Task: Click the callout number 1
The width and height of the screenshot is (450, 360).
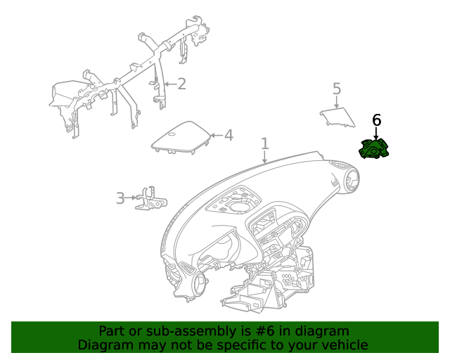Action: pyautogui.click(x=265, y=144)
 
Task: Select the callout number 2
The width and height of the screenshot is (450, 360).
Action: pyautogui.click(x=181, y=84)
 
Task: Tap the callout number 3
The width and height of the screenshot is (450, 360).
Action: pyautogui.click(x=120, y=198)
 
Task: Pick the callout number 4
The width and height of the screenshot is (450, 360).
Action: pyautogui.click(x=229, y=134)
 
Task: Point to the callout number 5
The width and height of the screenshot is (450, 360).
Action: pyautogui.click(x=337, y=89)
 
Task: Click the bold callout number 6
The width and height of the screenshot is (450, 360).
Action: pyautogui.click(x=376, y=120)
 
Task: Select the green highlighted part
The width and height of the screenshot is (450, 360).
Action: pyautogui.click(x=374, y=150)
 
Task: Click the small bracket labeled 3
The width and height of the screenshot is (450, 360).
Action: pyautogui.click(x=151, y=198)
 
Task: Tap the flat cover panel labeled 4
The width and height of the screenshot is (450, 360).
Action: pyautogui.click(x=181, y=137)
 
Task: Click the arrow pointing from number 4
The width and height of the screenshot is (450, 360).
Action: pyautogui.click(x=215, y=135)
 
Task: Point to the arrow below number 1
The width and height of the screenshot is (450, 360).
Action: pyautogui.click(x=265, y=158)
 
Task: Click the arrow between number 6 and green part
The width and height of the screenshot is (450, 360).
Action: pyautogui.click(x=376, y=134)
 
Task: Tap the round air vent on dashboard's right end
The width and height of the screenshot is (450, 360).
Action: pyautogui.click(x=350, y=181)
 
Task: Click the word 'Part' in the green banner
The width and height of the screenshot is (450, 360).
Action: pyautogui.click(x=112, y=331)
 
